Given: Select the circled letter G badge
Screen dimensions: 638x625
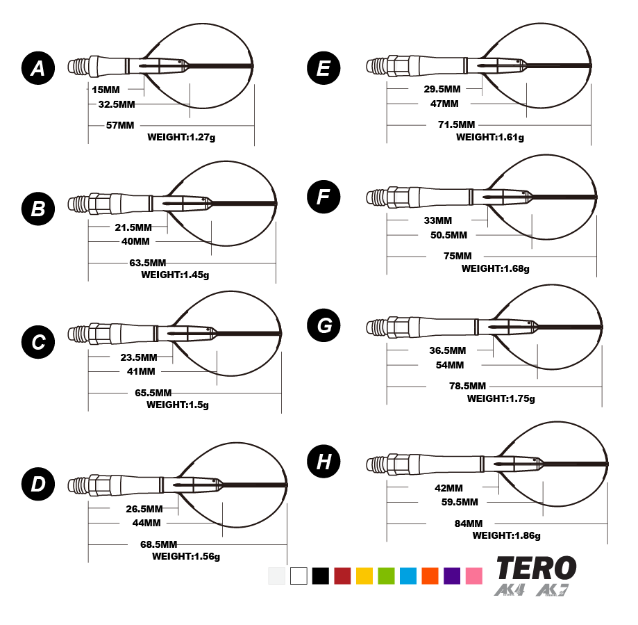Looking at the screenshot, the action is (x=324, y=325).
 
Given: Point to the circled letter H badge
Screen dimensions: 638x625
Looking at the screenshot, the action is (x=324, y=462).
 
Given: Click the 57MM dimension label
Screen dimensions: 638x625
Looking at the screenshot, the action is (x=120, y=125).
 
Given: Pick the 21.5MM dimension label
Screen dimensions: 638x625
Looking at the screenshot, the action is (x=133, y=227).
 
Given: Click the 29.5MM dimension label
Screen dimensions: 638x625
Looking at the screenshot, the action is (x=442, y=89).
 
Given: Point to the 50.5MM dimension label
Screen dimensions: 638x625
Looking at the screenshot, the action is (x=449, y=235).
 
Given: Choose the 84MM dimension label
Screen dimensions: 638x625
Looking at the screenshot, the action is (x=469, y=523).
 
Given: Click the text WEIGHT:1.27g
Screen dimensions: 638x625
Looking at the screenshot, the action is (x=181, y=138).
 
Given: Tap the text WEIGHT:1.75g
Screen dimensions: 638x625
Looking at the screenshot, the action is (x=501, y=398).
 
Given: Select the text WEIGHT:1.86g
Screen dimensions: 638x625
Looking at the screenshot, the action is (x=507, y=535).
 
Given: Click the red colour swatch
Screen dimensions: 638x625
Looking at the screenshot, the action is (x=342, y=576).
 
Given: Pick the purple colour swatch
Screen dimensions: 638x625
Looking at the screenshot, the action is (x=452, y=576).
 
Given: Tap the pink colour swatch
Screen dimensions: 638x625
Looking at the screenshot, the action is (x=474, y=576).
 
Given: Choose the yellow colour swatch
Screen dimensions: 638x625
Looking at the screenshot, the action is (x=364, y=576).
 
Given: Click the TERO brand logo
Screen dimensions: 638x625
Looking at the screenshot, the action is (x=536, y=569).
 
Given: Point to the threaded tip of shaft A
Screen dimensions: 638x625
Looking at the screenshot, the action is (x=78, y=67).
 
